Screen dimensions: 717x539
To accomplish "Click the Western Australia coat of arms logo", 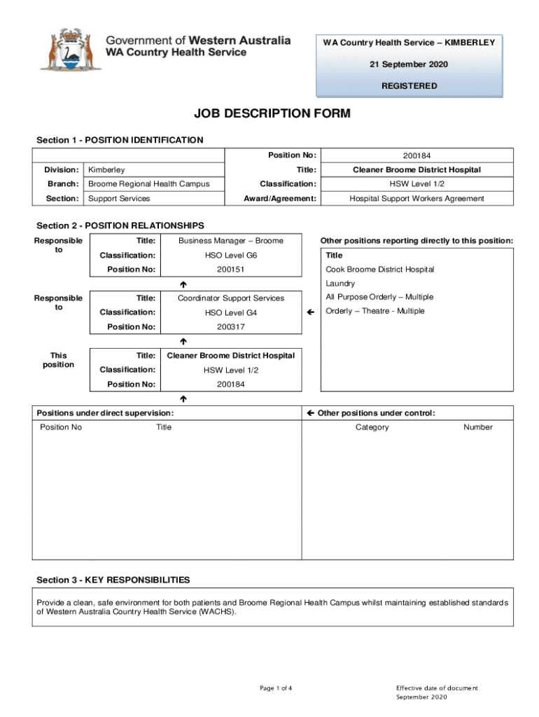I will click(x=71, y=50).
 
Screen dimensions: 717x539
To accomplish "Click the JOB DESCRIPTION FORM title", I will click(x=272, y=113).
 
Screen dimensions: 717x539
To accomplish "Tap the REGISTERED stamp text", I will click(x=409, y=86).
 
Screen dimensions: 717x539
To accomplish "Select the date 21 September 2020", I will click(x=409, y=64).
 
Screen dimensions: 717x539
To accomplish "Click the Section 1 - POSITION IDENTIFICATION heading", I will click(x=120, y=140).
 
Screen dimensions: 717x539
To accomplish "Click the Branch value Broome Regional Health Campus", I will click(x=148, y=184).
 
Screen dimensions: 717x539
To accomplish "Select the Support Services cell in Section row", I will click(x=119, y=199).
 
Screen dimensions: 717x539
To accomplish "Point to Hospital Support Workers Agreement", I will click(x=416, y=199).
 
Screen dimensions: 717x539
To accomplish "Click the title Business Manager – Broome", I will click(x=230, y=241).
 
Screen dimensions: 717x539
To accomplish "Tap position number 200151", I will click(x=230, y=270).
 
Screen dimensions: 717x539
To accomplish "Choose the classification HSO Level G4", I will click(x=230, y=312).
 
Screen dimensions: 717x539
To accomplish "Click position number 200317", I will click(x=230, y=327).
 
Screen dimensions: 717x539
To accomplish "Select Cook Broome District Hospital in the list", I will click(x=379, y=270).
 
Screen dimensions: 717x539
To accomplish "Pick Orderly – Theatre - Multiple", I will click(x=374, y=311).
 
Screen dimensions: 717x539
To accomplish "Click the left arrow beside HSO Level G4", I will click(x=311, y=312).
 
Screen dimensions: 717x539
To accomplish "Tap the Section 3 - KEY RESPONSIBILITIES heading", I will click(x=113, y=580).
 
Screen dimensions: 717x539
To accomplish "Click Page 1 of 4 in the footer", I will click(x=275, y=688).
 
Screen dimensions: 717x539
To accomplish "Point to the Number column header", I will click(x=477, y=427).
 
